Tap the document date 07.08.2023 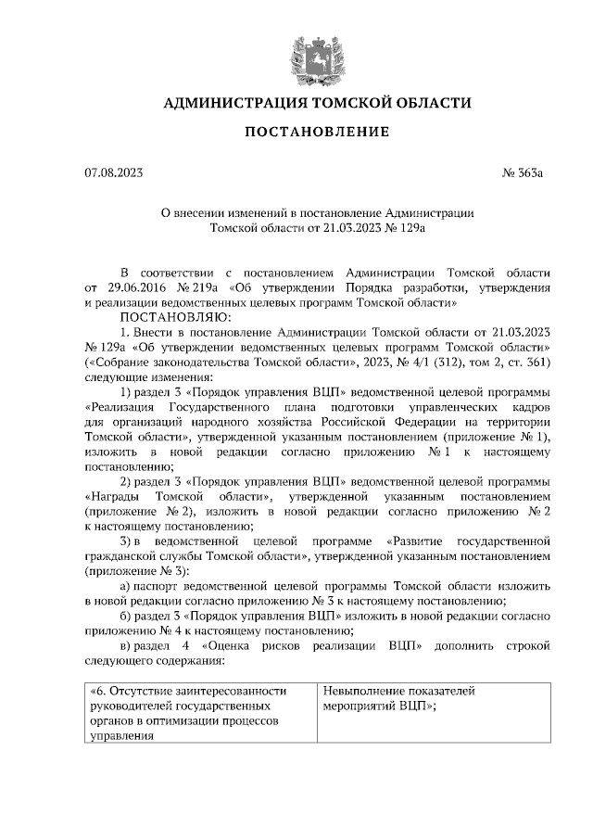click(x=112, y=173)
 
